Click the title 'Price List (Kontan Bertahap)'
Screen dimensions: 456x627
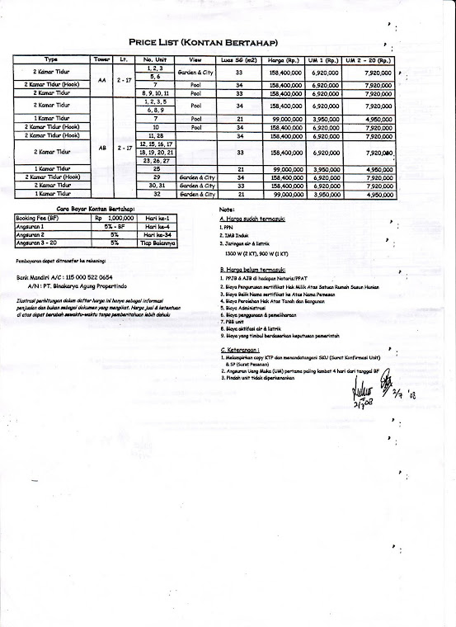tap(202, 43)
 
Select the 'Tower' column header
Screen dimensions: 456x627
tap(102, 60)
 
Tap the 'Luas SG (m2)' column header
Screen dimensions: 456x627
tap(238, 60)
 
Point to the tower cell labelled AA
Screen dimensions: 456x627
tap(102, 80)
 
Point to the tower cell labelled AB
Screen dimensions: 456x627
tap(102, 148)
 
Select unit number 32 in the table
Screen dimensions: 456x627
tap(155, 195)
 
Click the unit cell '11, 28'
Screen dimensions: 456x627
tap(155, 134)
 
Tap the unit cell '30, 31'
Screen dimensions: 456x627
tap(155, 186)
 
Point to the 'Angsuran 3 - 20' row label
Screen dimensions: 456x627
tap(36, 244)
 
